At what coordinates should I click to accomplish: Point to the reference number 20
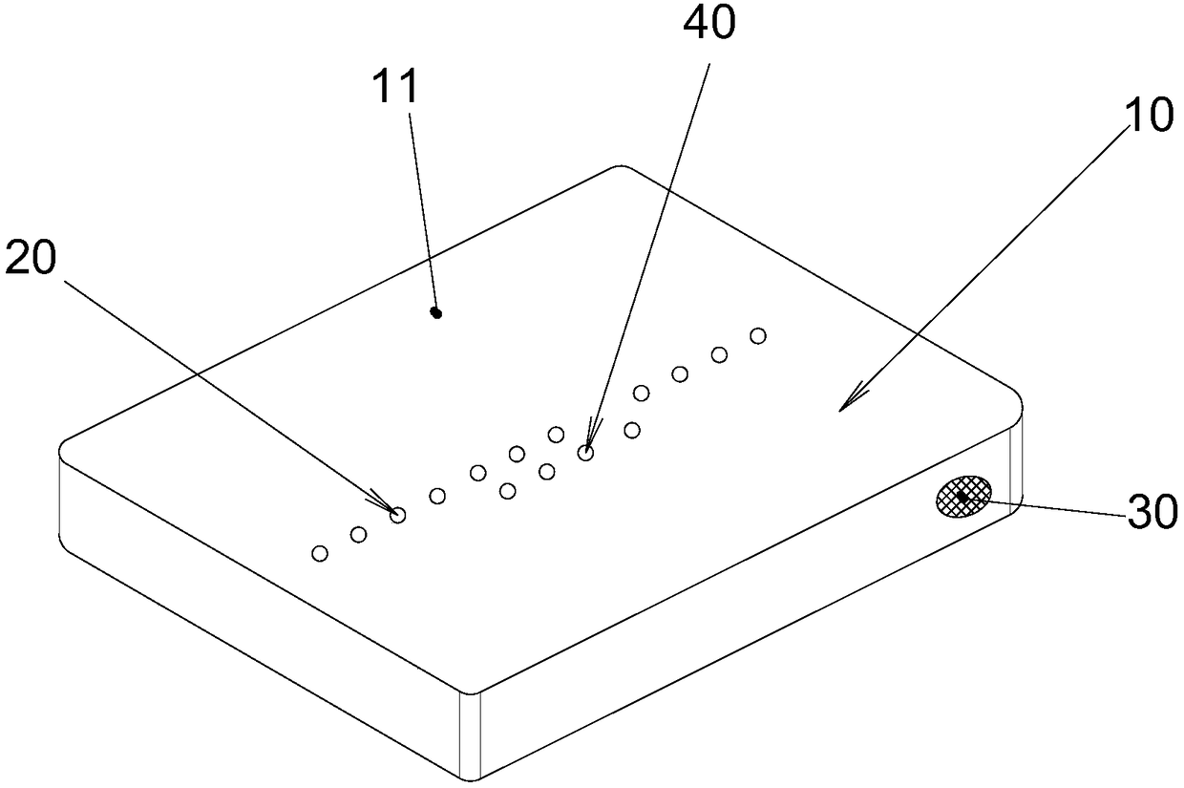[31, 260]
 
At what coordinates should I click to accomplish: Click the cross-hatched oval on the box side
[962, 497]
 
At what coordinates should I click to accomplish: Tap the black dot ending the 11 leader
[436, 312]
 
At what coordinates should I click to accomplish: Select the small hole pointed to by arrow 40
[585, 453]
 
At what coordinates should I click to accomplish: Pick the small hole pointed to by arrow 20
[398, 515]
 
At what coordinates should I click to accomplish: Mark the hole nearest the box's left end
[320, 553]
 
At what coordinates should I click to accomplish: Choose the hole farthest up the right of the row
[758, 335]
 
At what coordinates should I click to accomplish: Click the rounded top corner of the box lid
[619, 169]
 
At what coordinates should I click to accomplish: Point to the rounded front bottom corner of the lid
[470, 690]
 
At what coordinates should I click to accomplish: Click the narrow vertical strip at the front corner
[470, 735]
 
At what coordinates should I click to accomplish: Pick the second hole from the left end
[358, 534]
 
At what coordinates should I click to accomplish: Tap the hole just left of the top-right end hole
[719, 355]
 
